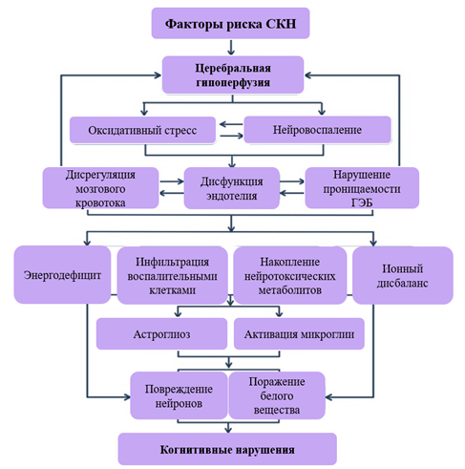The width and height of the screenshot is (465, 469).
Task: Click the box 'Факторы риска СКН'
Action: point(230,23)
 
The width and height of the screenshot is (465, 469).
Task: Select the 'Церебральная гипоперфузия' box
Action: point(233,75)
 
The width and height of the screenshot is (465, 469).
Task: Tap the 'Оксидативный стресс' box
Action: point(142,130)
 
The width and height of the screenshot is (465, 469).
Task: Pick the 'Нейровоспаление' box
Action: point(317,130)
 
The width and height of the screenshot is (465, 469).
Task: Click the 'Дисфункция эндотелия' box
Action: point(232,188)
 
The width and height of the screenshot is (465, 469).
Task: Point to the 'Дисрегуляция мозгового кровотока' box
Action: point(100,188)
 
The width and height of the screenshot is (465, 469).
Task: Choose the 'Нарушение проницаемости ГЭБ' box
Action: point(362,188)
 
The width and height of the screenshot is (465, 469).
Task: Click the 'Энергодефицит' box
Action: point(62,275)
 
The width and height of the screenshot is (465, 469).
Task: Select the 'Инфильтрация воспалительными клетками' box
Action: point(173,275)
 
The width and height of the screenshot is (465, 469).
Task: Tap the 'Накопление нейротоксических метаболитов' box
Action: point(290,275)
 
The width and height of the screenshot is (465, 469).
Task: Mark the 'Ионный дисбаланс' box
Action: point(403,275)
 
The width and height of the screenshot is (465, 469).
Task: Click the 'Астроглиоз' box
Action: point(161,334)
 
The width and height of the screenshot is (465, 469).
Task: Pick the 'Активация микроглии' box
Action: point(299,334)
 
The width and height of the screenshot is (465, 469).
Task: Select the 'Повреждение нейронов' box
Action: point(179,395)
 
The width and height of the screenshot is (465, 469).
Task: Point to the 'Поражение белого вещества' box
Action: point(277,395)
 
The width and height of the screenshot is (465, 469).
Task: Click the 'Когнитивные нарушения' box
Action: point(227,449)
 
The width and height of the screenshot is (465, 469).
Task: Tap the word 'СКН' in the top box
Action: point(281,24)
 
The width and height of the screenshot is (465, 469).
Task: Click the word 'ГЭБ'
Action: point(362,203)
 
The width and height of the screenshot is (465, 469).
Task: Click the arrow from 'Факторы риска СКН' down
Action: point(231,47)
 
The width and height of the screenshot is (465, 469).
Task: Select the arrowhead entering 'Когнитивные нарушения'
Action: point(228,430)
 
